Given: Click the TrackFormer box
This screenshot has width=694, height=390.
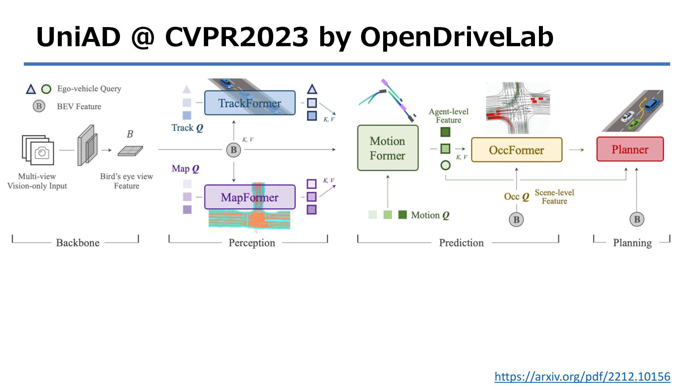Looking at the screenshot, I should click(250, 103).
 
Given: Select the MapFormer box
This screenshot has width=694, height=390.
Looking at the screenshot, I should click(250, 197).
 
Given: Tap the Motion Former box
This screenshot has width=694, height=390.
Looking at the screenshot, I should click(387, 148).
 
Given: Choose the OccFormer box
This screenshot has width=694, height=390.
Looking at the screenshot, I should click(517, 150).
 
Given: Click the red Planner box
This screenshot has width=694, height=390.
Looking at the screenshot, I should click(630, 149).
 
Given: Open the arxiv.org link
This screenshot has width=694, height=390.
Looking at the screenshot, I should click(582, 377).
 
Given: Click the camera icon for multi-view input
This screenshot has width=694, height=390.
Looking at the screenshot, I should click(42, 153).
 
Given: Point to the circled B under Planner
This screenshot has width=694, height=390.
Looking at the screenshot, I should click(637, 219).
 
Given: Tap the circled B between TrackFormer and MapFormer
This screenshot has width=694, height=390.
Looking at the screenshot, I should click(234, 150).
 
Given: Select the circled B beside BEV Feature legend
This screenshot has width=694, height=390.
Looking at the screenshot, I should click(39, 107).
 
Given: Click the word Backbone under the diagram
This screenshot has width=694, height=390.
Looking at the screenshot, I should click(78, 243).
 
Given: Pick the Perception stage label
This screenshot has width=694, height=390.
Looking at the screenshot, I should click(252, 243).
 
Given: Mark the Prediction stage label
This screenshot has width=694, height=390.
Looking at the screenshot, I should click(461, 243).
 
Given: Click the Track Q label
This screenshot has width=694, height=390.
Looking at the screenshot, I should click(187, 128).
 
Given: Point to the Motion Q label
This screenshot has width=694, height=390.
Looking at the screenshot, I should click(430, 215).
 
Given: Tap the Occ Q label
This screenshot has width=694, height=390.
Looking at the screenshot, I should click(517, 197).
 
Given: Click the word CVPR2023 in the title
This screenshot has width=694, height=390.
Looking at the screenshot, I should click(237, 37).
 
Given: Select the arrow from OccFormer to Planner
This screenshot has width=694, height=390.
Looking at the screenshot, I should click(577, 150).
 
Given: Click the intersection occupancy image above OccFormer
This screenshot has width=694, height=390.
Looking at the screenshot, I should click(518, 108).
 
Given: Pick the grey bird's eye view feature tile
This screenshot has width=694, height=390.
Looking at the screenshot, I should click(130, 151).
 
